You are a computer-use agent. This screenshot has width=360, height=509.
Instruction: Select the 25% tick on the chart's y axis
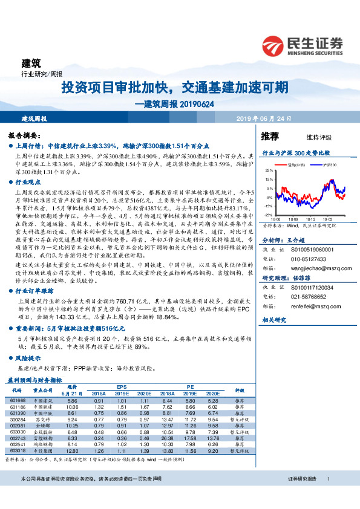[x=268, y=172]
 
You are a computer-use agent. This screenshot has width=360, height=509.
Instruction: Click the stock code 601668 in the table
[x=18, y=400]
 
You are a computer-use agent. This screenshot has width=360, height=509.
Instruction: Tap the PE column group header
[x=189, y=385]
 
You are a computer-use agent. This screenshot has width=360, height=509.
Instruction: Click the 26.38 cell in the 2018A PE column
[x=169, y=438]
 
